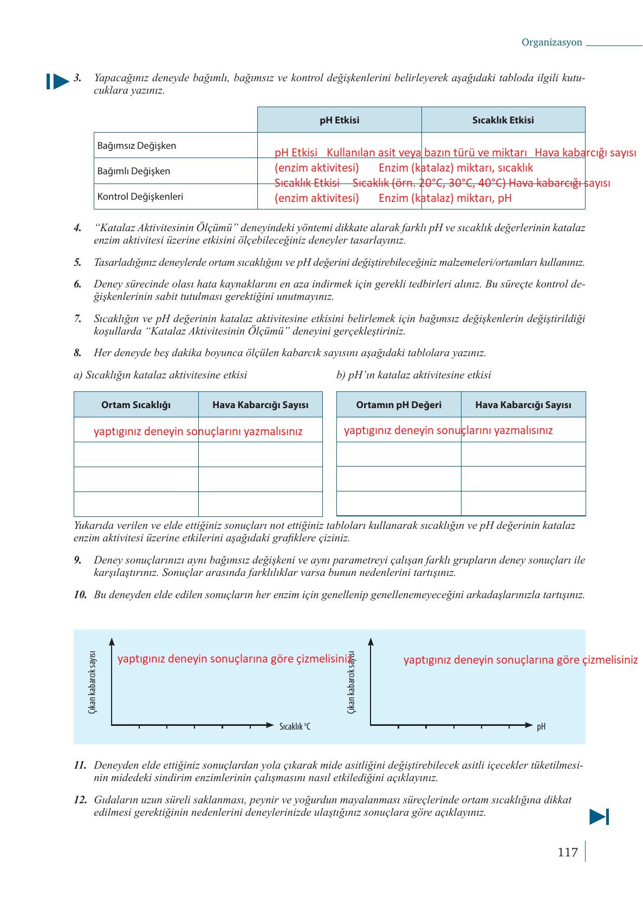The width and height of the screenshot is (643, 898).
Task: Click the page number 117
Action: (567, 853)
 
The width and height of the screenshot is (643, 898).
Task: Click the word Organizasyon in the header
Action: (551, 42)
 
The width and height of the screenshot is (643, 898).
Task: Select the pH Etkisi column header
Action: (339, 120)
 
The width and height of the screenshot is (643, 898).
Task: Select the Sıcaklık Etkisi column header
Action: (503, 120)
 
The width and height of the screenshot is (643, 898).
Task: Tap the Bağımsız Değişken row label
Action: (137, 146)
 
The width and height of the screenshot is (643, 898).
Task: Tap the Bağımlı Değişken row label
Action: (134, 171)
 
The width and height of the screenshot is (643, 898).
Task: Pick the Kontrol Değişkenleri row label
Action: (140, 196)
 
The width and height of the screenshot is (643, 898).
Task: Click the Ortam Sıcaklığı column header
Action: (136, 405)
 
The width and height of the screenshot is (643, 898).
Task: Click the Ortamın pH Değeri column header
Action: (399, 405)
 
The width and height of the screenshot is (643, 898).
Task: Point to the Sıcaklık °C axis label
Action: (295, 726)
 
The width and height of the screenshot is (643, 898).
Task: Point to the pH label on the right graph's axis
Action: (541, 726)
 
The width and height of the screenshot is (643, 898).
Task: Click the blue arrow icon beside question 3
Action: (57, 82)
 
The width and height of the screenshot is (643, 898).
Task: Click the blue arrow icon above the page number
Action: (599, 816)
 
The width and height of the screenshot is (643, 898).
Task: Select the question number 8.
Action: (77, 353)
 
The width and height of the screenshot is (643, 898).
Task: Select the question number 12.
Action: (80, 799)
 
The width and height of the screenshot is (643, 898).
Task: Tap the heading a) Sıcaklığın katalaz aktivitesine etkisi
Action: (160, 375)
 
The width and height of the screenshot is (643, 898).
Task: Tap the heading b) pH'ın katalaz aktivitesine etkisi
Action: (413, 375)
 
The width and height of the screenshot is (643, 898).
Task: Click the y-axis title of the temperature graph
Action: (92, 682)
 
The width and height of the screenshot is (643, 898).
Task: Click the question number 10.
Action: (80, 594)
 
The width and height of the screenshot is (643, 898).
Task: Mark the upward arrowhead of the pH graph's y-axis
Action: (371, 642)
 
